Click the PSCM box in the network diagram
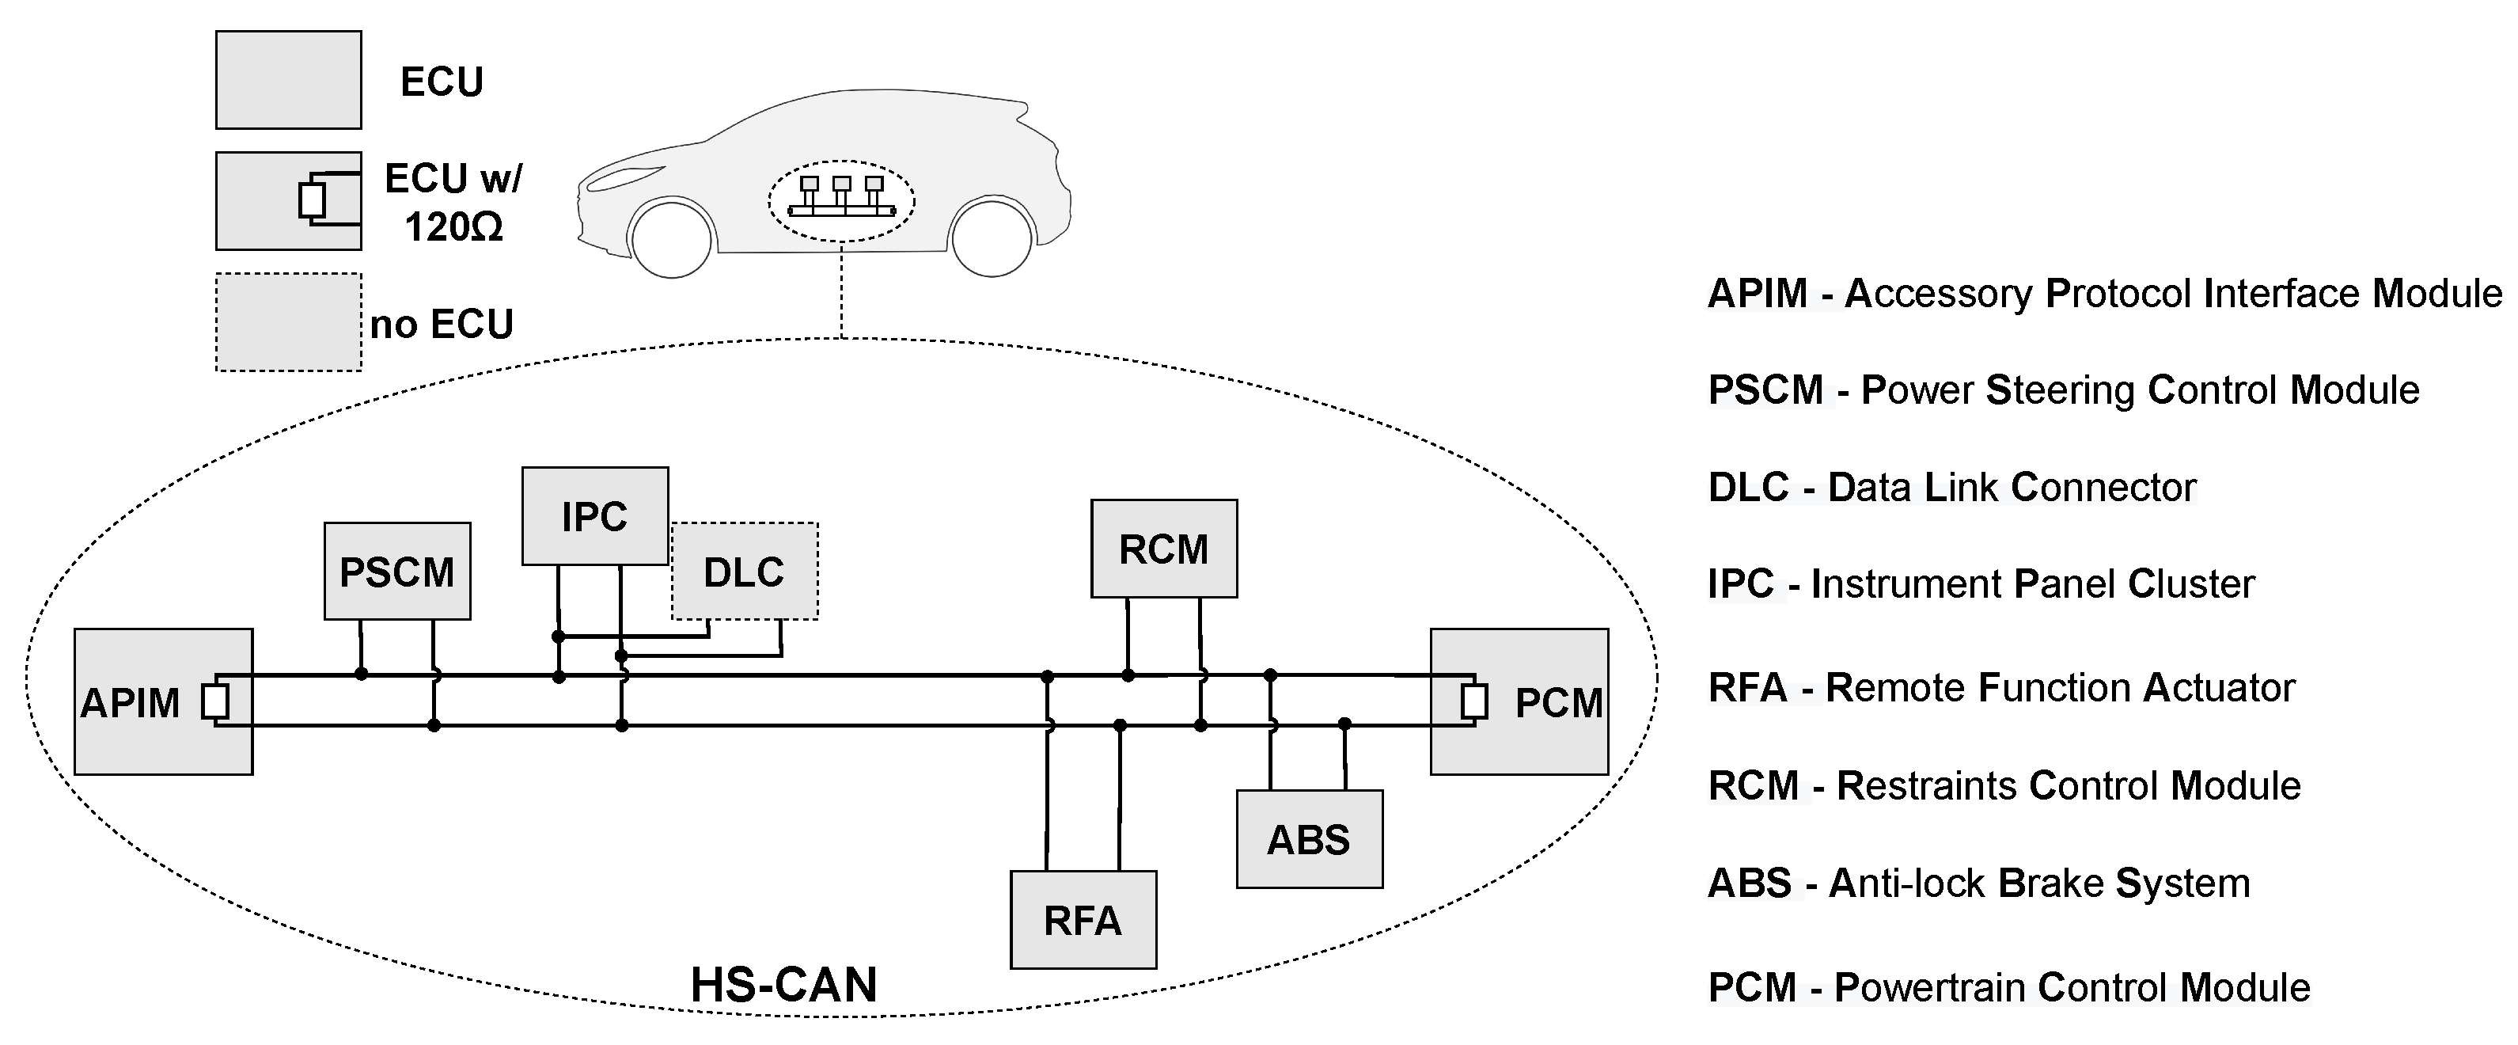pyautogui.click(x=397, y=572)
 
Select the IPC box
pyautogui.click(x=594, y=516)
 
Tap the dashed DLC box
pyautogui.click(x=744, y=572)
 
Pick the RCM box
pyautogui.click(x=1163, y=549)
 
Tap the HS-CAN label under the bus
pyautogui.click(x=783, y=984)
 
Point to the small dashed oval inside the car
pyautogui.click(x=842, y=200)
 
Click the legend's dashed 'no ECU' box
pyautogui.click(x=288, y=321)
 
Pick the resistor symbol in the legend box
pyautogui.click(x=312, y=200)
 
